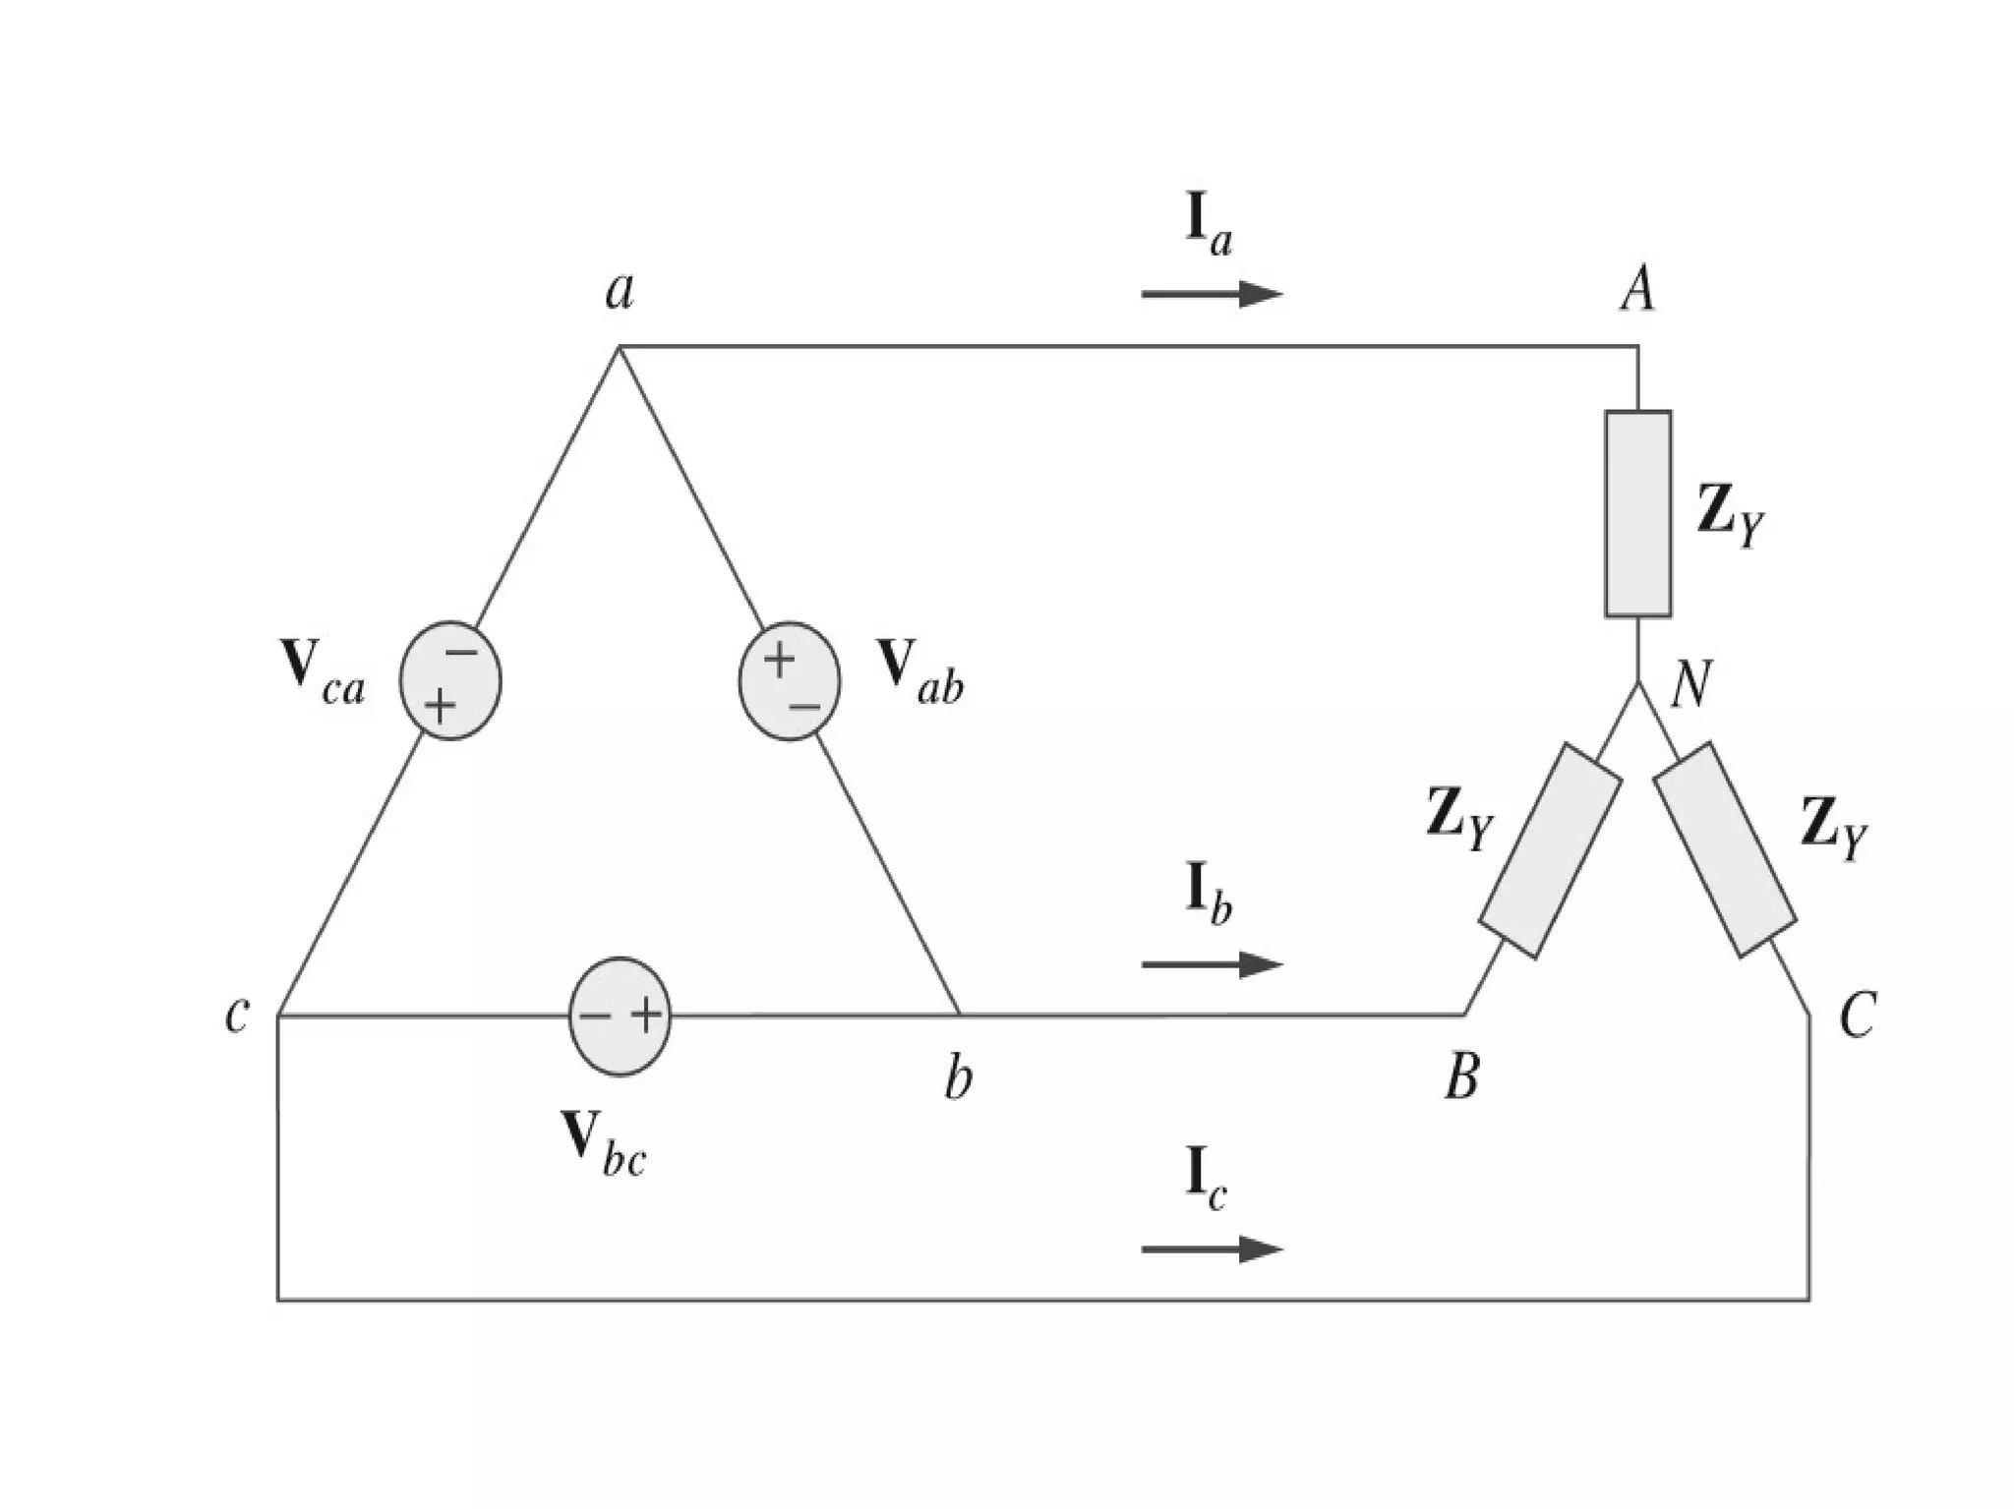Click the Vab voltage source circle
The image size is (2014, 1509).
pos(790,681)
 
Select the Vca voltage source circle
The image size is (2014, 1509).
pos(450,680)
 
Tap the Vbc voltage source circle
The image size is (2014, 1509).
pos(621,1016)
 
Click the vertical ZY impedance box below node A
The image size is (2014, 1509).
pos(1637,513)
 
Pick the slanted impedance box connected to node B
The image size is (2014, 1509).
pos(1550,850)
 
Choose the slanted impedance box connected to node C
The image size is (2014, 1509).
pos(1725,850)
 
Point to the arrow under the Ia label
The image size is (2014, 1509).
pos(1212,293)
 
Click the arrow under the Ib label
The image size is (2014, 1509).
pos(1212,964)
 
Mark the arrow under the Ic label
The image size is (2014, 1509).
pos(1212,1249)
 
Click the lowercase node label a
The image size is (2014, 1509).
pos(620,290)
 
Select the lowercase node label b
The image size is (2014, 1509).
pos(958,1078)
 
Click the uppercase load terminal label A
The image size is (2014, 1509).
pos(1637,290)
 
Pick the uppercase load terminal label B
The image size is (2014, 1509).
pos(1462,1077)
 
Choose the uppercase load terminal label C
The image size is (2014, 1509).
pos(1857,1016)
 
